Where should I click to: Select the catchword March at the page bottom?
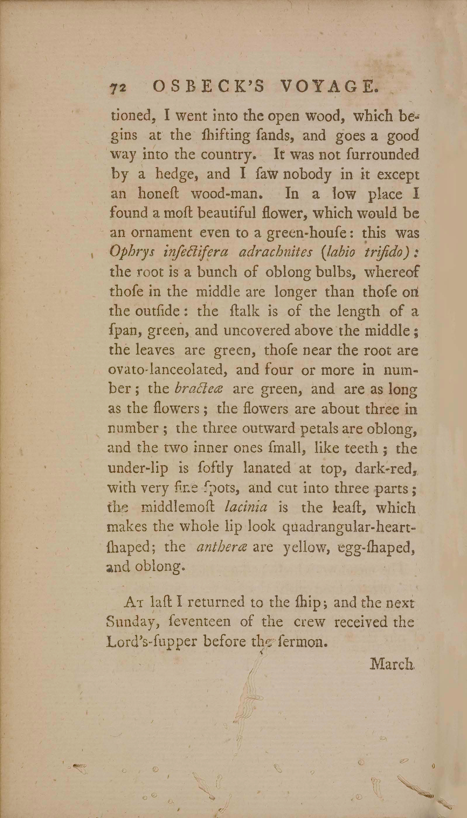(x=392, y=663)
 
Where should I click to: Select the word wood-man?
(x=224, y=194)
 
